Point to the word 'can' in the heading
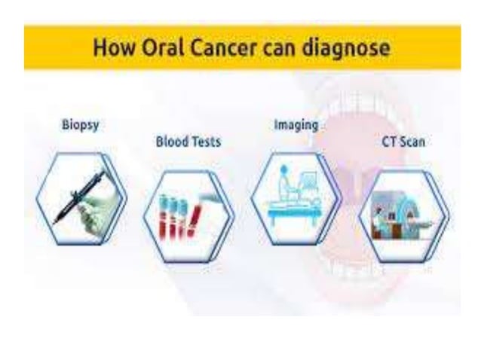point(279,48)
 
